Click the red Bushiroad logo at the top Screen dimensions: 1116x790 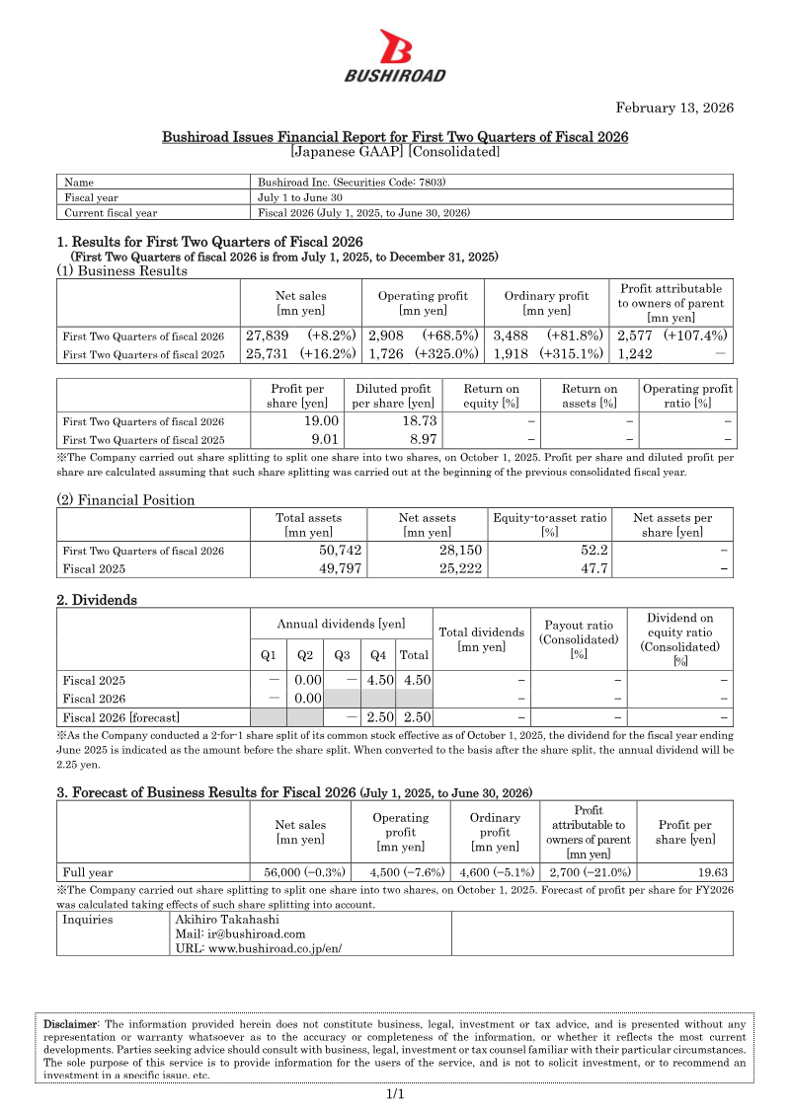[x=395, y=55]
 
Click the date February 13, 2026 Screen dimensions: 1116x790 [x=674, y=108]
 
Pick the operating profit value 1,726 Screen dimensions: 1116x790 [x=388, y=353]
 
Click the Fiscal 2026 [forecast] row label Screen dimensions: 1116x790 [x=120, y=717]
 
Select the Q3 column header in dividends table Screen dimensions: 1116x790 [x=342, y=653]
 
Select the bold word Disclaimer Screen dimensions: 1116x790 [x=71, y=1024]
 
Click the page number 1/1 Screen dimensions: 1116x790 [x=395, y=1094]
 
